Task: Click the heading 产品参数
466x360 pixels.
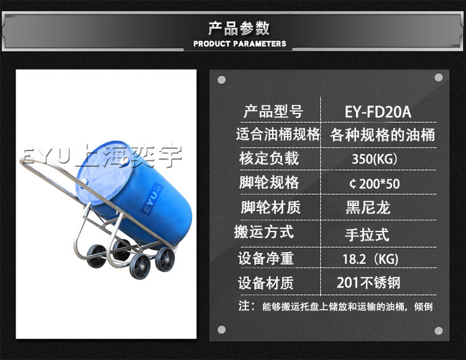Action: click(239, 29)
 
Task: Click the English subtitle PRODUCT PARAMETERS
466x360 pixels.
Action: click(240, 43)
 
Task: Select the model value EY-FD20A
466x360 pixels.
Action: click(378, 112)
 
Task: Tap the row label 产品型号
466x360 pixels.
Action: click(273, 112)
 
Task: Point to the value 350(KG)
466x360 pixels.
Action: click(375, 159)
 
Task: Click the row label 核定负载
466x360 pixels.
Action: click(269, 158)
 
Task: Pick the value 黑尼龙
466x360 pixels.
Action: click(368, 207)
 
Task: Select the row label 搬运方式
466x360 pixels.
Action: click(264, 232)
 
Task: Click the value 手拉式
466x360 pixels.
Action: click(367, 235)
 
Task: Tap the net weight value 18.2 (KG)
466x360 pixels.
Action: click(370, 259)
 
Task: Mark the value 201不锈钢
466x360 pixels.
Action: click(369, 282)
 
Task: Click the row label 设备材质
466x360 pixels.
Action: click(266, 283)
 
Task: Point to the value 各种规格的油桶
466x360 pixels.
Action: click(383, 135)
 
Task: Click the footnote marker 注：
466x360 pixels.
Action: click(247, 306)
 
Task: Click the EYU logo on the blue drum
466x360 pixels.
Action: click(151, 198)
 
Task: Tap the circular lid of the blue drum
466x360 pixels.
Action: click(104, 173)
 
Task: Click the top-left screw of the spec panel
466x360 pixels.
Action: click(222, 80)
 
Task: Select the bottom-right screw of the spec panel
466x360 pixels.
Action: click(439, 331)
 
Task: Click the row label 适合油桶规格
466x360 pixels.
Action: click(278, 134)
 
